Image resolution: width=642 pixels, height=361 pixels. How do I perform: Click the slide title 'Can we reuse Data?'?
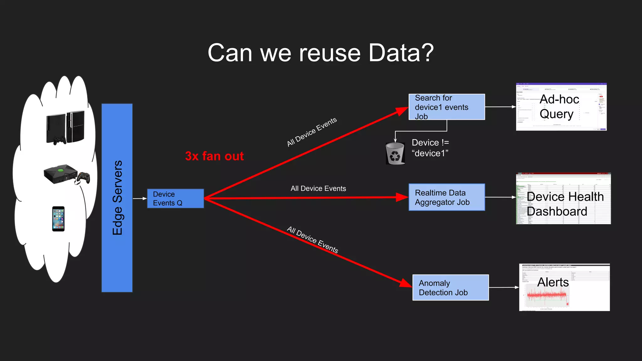320,53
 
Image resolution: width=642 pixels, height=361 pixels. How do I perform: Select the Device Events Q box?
175,198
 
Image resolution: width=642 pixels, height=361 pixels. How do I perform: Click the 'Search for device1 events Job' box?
446,107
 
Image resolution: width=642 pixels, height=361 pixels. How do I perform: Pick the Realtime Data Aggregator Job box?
446,197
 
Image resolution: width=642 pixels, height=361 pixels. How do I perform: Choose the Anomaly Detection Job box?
450,287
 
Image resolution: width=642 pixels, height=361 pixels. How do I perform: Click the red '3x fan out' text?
214,156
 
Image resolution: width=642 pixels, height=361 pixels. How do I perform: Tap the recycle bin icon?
395,154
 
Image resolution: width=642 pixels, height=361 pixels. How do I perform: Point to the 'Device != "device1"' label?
430,148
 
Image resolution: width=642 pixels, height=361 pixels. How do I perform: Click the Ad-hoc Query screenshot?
561,107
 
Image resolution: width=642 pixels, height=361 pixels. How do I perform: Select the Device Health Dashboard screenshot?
563,198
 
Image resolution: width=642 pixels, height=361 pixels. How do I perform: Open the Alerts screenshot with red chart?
564,287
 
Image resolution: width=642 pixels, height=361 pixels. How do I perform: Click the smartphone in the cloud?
58,219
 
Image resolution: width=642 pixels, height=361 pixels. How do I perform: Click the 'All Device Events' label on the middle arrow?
318,188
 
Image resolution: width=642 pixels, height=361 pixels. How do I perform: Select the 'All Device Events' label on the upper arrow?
312,132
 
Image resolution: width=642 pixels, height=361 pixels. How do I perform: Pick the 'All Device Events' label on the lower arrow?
313,240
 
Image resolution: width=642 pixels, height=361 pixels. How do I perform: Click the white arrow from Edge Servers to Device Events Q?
140,198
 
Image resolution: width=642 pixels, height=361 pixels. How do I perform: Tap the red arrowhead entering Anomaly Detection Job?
406,283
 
